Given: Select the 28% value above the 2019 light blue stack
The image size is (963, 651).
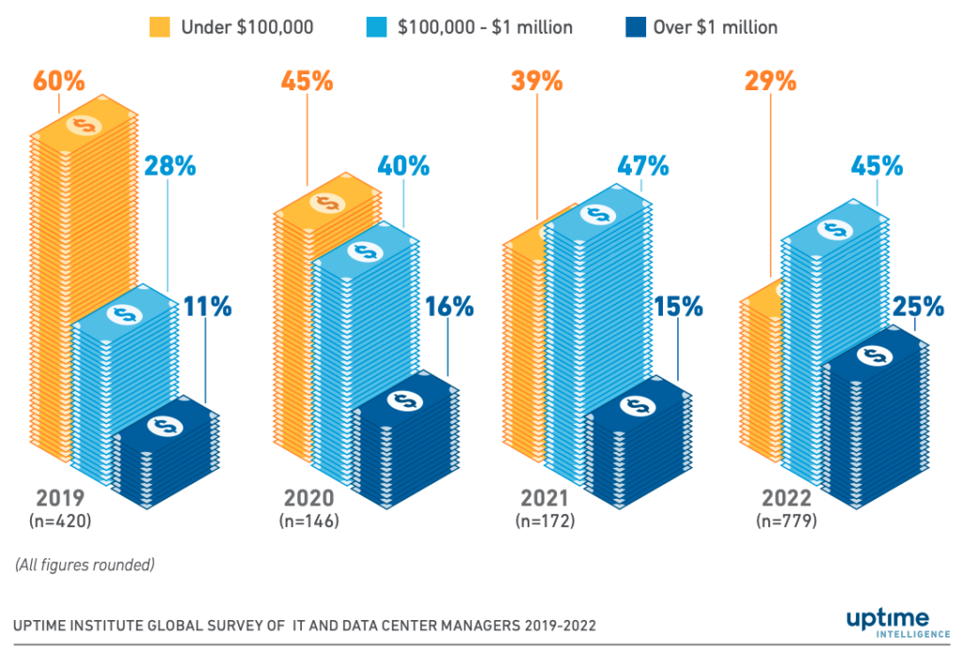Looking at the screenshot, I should (x=169, y=166).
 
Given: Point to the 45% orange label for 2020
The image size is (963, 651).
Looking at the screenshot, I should (x=307, y=81).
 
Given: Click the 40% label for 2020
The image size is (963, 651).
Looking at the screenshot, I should (x=403, y=166).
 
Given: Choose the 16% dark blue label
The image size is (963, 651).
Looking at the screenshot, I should (x=448, y=306).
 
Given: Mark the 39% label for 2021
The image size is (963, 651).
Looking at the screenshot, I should (x=537, y=81).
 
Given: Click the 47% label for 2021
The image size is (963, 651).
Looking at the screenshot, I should (x=643, y=166).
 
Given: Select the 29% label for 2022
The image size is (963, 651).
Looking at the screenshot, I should (x=770, y=81).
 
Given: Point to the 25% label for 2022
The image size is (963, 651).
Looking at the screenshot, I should (x=918, y=306).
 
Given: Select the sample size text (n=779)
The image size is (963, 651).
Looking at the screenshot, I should (x=786, y=519).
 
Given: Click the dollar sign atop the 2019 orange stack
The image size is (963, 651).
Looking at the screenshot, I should (x=83, y=125).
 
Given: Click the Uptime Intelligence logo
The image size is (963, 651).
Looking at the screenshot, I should (x=887, y=623).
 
